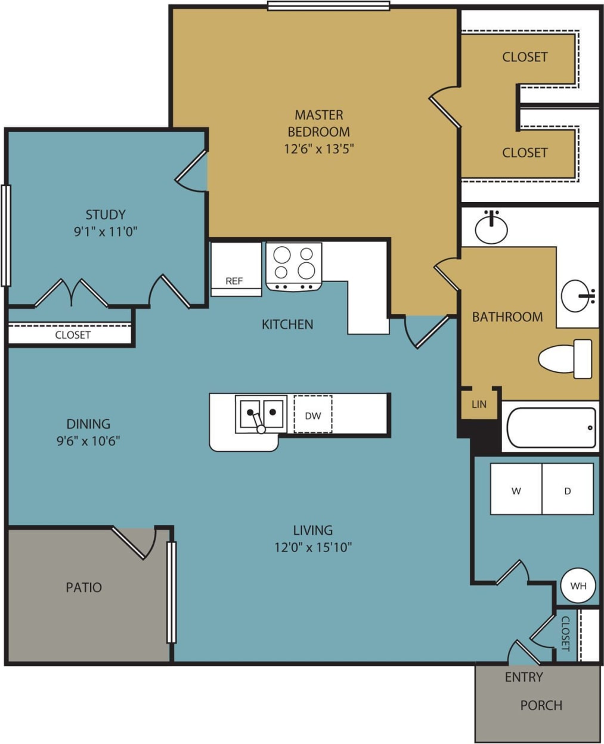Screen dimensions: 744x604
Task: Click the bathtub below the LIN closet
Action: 550,427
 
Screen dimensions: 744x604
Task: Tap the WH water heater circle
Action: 578,585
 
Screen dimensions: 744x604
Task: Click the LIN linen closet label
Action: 479,404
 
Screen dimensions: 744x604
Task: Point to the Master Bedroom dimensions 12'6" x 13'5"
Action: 319,148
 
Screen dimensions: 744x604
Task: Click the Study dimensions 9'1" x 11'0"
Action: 106,231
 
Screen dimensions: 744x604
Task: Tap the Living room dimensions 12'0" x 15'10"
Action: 313,547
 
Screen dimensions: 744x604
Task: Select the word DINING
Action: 88,424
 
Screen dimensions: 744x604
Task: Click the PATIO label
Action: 83,587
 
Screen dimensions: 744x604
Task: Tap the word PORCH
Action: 541,705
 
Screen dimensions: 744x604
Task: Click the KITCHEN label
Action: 287,324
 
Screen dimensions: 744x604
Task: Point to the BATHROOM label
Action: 507,317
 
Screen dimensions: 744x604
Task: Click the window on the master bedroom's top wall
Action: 328,6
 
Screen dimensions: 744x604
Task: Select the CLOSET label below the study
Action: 73,335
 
